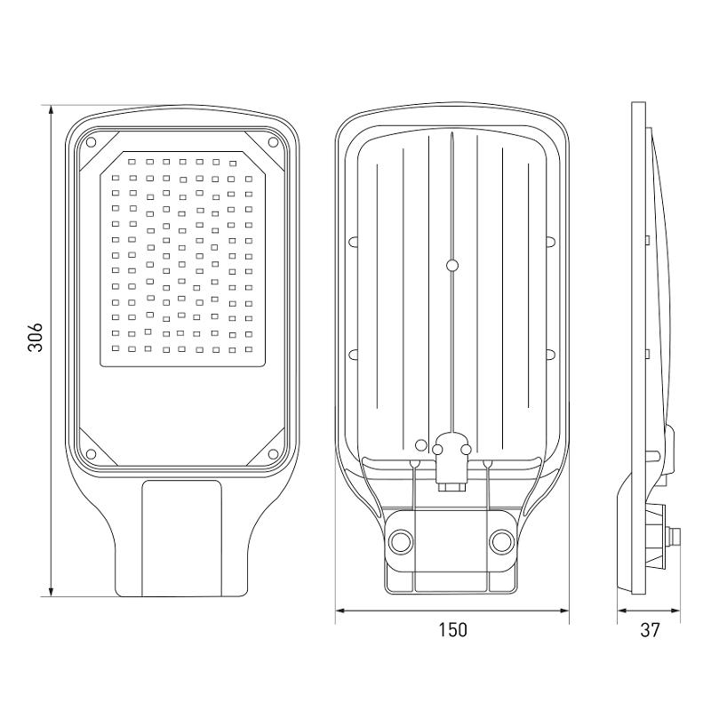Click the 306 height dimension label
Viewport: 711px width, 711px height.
click(x=35, y=337)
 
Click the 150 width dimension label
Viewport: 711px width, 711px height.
click(x=452, y=630)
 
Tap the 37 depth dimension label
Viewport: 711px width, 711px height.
click(x=651, y=630)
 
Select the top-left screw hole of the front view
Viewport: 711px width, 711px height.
click(x=91, y=142)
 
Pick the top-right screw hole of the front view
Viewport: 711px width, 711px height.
click(x=273, y=142)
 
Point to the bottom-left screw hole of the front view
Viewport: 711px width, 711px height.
click(x=91, y=454)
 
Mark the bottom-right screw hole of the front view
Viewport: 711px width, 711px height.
click(x=273, y=454)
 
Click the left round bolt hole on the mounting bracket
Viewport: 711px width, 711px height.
click(x=401, y=541)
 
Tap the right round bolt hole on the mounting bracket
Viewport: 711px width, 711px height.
click(x=501, y=541)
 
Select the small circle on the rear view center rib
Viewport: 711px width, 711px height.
click(x=452, y=265)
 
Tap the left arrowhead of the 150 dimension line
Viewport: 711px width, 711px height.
click(x=340, y=611)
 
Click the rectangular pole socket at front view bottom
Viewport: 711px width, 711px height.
click(x=182, y=539)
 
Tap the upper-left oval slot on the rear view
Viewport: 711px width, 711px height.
click(x=353, y=241)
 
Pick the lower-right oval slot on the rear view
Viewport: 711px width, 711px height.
click(x=550, y=354)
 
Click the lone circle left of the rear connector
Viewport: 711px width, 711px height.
click(x=421, y=445)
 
